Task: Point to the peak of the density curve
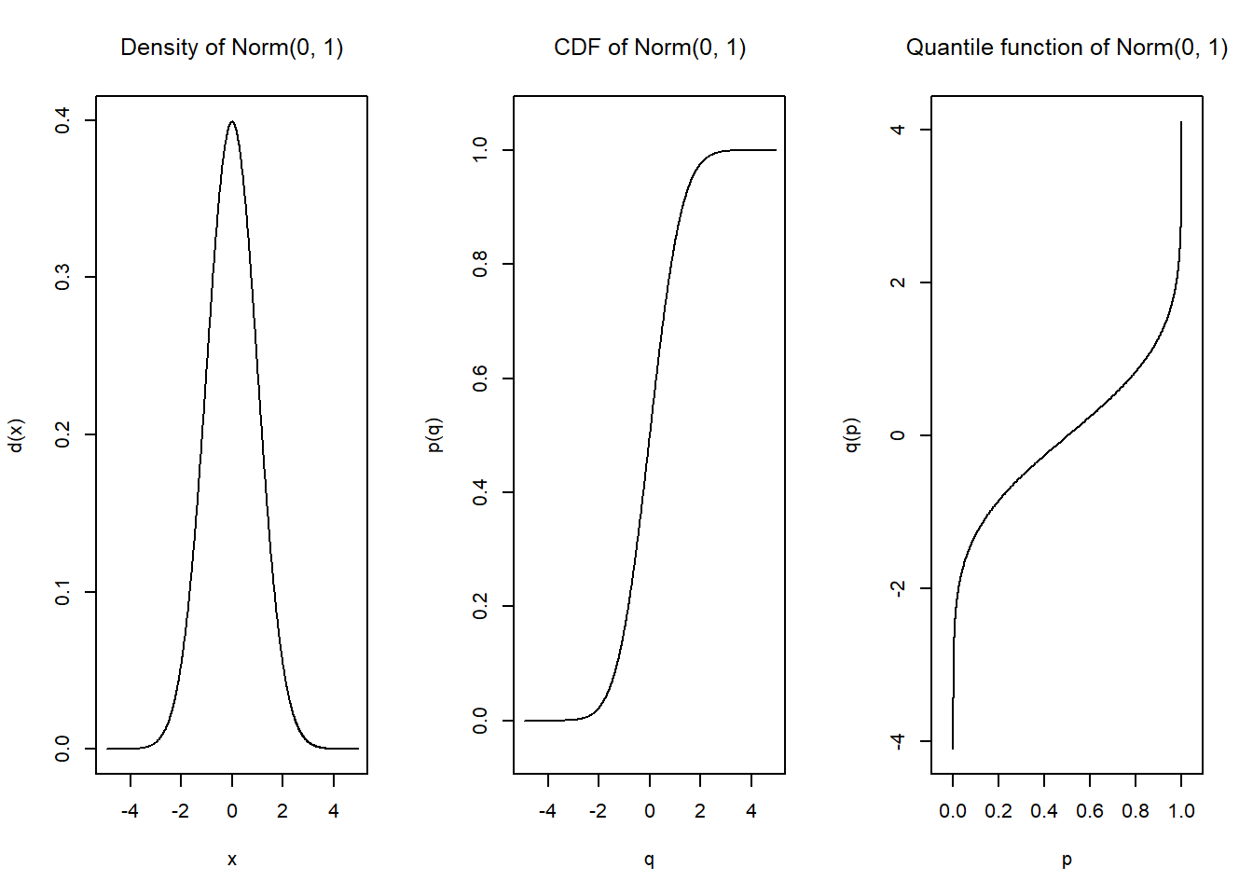[232, 121]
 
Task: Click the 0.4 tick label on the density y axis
[62, 120]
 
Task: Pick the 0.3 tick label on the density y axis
[62, 277]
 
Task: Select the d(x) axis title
[16, 435]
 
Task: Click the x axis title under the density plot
[232, 860]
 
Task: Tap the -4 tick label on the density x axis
[130, 811]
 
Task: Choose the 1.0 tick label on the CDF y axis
[480, 149]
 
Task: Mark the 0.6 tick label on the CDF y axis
[480, 379]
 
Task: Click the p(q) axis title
[434, 435]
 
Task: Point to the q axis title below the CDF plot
[649, 860]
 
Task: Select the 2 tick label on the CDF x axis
[700, 811]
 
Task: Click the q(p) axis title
[851, 435]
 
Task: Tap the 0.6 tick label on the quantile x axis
[1090, 811]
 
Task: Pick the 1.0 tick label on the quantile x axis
[1181, 811]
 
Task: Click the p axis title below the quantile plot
[1067, 860]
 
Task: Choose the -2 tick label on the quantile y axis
[897, 588]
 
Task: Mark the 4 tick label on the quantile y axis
[898, 130]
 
